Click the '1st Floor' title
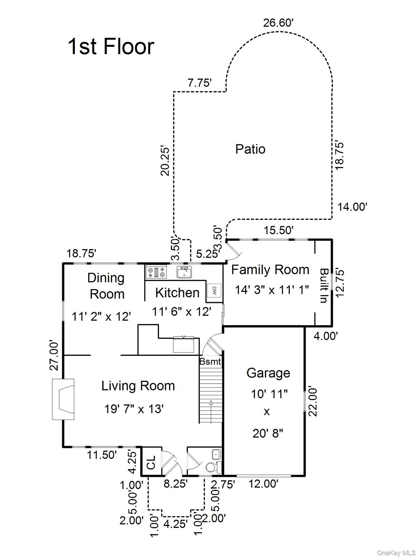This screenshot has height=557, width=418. tap(111, 46)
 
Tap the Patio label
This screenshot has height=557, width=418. tap(250, 149)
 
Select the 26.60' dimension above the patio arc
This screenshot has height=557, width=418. tap(278, 23)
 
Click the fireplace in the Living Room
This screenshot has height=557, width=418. tap(63, 399)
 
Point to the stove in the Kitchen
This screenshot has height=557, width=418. tap(156, 272)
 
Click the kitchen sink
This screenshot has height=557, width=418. tap(184, 272)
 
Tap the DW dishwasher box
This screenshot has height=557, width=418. tap(214, 290)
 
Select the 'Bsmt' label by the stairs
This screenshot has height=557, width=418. tap(210, 361)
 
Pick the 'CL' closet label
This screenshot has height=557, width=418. tap(151, 462)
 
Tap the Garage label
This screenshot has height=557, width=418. tap(268, 373)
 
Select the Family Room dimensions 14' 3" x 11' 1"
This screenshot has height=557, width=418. tap(272, 290)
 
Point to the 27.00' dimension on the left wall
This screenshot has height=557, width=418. tap(54, 356)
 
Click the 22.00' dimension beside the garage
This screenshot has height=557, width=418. tap(313, 402)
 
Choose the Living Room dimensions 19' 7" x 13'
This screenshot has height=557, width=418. tap(134, 409)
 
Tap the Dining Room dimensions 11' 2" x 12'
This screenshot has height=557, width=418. tap(101, 317)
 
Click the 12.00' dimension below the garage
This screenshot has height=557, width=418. tap(263, 484)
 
